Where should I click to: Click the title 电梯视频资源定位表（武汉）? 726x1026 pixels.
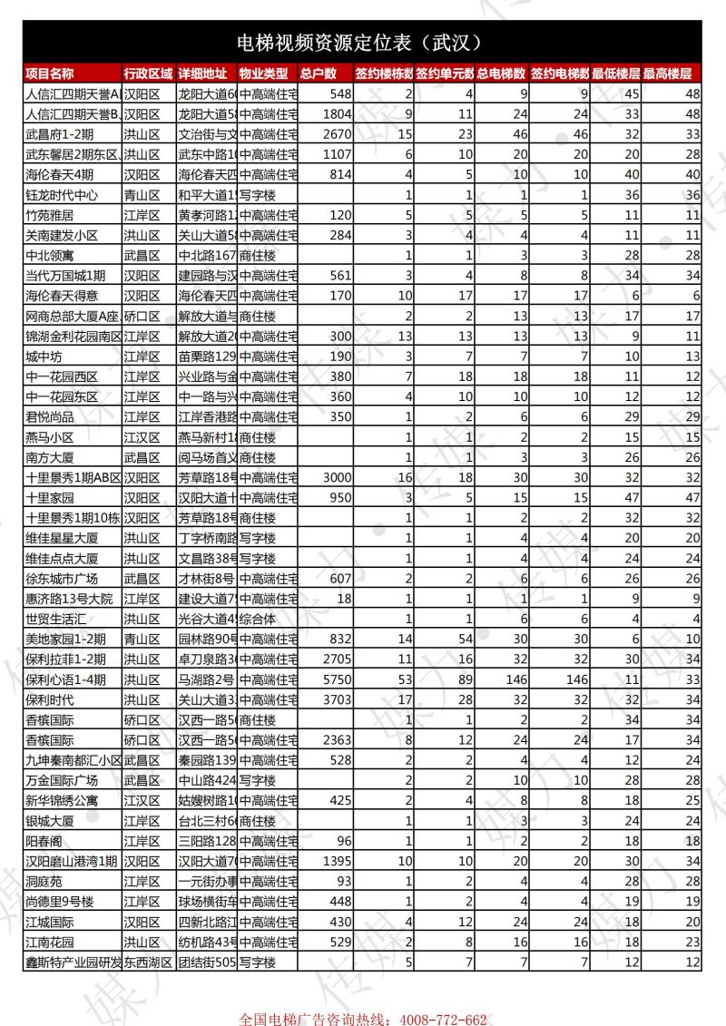pos(362,42)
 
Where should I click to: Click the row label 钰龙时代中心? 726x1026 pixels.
pos(62,195)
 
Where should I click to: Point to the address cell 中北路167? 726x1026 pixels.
pos(206,256)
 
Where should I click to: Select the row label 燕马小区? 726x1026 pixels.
pos(50,437)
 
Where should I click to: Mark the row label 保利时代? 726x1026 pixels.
pos(50,699)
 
